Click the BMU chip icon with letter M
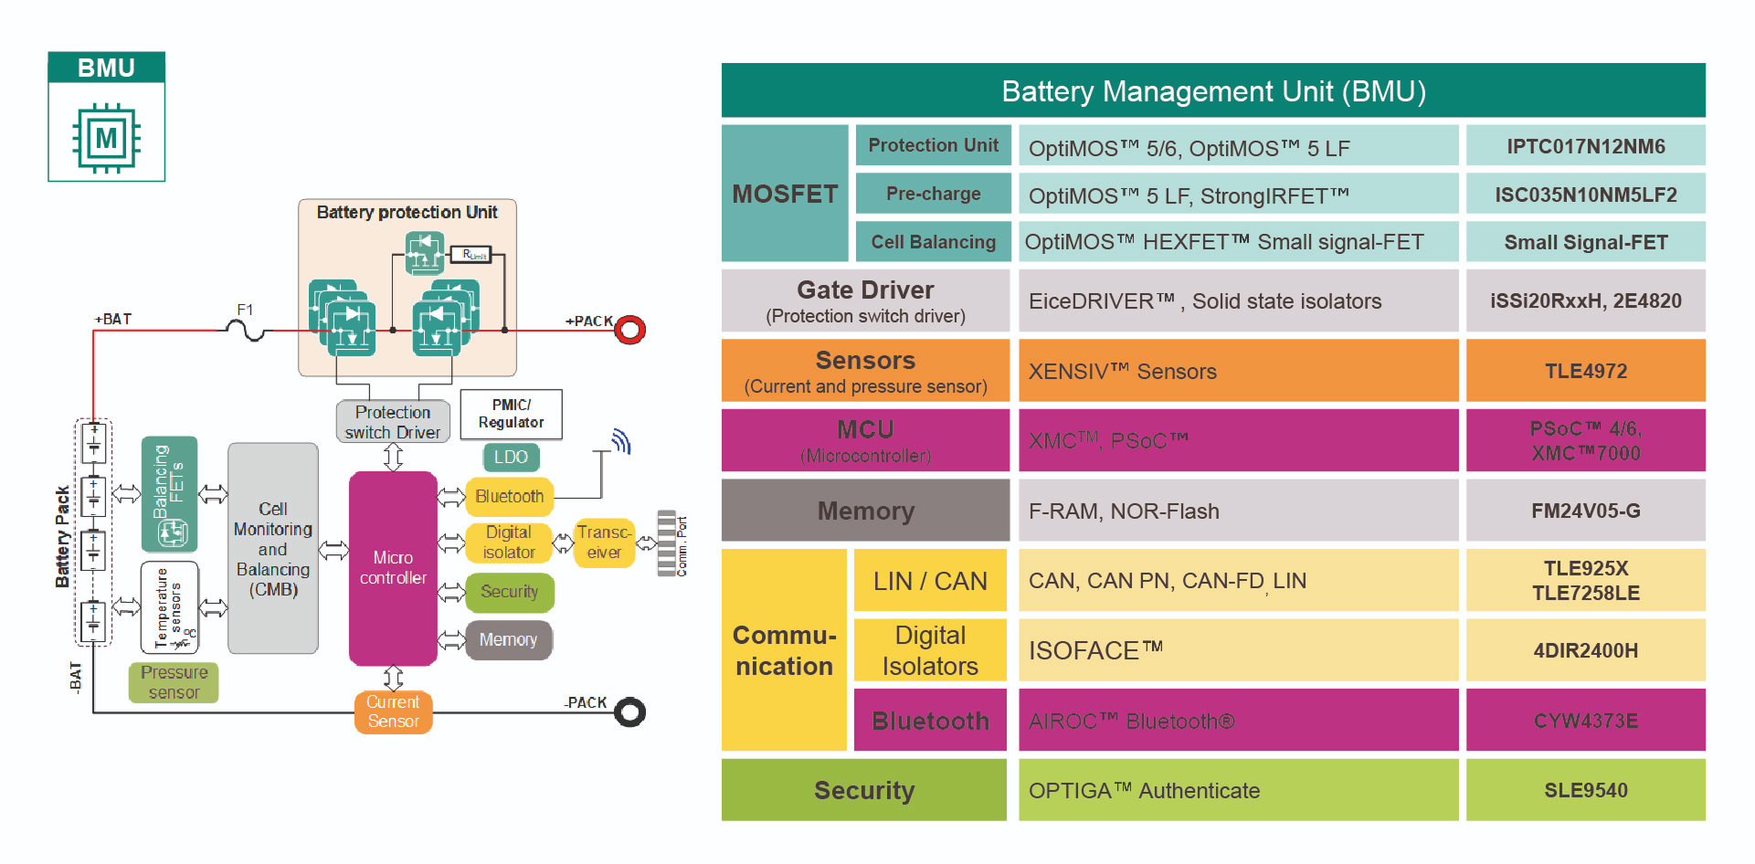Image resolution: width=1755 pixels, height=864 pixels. point(107,138)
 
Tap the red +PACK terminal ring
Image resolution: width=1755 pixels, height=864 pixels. point(629,330)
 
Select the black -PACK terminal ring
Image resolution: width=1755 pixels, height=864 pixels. point(629,711)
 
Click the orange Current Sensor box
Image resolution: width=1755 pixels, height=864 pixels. point(393,711)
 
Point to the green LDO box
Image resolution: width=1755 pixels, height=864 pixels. point(511,457)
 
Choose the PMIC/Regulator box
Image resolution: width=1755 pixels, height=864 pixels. point(511,414)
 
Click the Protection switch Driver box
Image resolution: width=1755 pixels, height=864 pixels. point(393,422)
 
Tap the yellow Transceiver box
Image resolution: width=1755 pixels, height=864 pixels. point(604,543)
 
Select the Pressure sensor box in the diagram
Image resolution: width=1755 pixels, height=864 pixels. point(174,682)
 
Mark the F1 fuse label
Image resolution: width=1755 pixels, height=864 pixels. point(245,311)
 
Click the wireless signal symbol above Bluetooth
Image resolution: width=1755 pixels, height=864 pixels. point(621,442)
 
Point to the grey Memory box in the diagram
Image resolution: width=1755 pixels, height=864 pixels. point(508,640)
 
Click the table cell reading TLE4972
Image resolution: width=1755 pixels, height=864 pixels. point(1585,371)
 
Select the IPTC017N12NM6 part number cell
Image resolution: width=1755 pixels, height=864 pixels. point(1585,146)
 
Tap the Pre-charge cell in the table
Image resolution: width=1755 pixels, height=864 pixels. point(933,194)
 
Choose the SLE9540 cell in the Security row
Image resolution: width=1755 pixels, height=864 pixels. point(1585,790)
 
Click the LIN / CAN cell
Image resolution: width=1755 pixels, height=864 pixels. point(930,581)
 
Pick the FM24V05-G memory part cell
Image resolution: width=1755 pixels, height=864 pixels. point(1585,511)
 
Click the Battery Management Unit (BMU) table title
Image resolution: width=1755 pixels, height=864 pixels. point(1213,91)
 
